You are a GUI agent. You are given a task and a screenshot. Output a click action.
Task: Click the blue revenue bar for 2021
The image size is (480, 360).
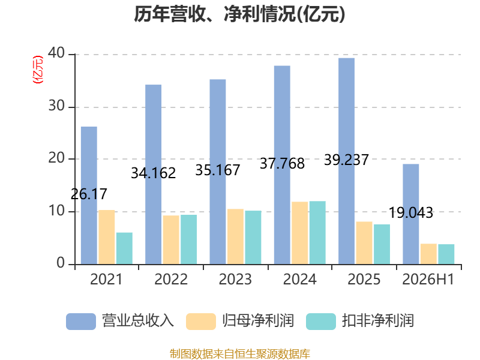pos(89,196)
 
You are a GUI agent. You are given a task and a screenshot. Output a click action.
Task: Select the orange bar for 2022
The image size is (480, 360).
pos(171,239)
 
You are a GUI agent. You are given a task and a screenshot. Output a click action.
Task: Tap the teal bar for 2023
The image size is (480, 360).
pos(253,237)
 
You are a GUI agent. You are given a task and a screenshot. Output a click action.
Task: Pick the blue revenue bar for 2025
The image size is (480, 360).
pos(347,161)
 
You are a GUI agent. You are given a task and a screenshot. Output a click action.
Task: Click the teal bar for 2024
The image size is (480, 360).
pos(317,233)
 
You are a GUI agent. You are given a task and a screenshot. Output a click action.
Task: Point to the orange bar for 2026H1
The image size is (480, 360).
pos(428,254)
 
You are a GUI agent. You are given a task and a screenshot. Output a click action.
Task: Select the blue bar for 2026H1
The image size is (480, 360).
pos(411,214)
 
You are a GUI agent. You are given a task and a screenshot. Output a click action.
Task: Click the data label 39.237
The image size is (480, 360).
pos(347,160)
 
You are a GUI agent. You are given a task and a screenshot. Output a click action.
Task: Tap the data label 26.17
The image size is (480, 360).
pos(89,194)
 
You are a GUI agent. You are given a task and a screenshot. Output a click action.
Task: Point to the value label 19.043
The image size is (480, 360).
pos(411,213)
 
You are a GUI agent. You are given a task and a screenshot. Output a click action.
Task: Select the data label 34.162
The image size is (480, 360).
pos(154,173)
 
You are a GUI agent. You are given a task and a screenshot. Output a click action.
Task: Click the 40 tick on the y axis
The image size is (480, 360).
pos(56,53)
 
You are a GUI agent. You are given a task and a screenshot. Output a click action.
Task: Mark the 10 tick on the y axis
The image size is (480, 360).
pos(56,211)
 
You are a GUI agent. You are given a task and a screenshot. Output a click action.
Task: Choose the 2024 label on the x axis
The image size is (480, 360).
pos(299,279)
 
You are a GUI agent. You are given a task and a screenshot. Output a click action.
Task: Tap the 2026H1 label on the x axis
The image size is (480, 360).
pos(428,279)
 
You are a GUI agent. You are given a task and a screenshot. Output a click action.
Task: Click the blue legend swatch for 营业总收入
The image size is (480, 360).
pos(81,322)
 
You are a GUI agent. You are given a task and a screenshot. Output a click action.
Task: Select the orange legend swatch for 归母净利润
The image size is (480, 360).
pos(201,322)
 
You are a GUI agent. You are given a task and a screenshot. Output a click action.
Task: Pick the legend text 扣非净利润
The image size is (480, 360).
pos(378,321)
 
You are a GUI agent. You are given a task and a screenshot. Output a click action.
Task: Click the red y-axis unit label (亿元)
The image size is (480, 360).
pos(38,70)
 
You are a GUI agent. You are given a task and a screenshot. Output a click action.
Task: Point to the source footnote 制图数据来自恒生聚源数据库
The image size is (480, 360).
pos(240,354)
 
